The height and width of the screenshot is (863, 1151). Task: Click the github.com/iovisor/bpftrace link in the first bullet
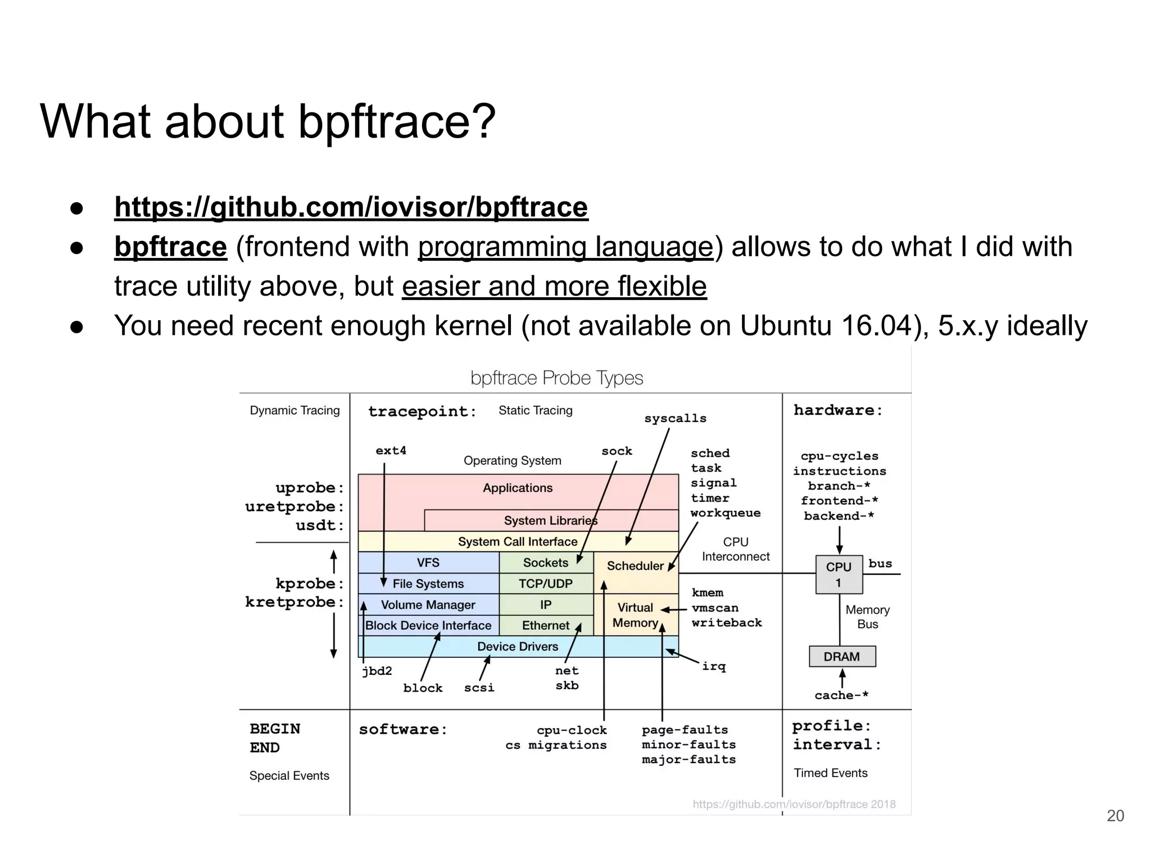pos(351,207)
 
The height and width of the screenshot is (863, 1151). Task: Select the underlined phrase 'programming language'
pos(565,247)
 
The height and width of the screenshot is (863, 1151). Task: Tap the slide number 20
pos(1115,816)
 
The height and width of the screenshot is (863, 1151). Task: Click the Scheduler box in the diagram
pos(635,566)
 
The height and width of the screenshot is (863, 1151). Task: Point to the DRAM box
pos(841,656)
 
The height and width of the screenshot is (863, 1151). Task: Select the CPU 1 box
pos(839,574)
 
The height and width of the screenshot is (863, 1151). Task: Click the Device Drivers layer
pos(517,647)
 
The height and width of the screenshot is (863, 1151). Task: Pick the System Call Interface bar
pos(517,542)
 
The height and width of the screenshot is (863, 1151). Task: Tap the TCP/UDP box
pos(545,584)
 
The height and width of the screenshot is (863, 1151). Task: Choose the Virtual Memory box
pos(635,615)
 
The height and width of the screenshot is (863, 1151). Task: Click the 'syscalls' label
pos(675,419)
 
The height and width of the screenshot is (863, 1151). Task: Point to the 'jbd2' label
pos(377,671)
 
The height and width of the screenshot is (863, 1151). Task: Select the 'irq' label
pos(714,666)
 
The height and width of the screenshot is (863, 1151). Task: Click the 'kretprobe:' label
pos(294,602)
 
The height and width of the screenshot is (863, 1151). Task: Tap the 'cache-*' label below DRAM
pos(841,696)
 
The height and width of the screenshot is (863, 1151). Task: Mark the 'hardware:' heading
pos(837,411)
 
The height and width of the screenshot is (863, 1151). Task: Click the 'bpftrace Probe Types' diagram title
pos(556,378)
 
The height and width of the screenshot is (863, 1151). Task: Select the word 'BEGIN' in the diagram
pos(275,729)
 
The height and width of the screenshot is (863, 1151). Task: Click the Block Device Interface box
pos(428,625)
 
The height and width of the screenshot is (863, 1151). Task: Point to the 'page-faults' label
pos(685,730)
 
